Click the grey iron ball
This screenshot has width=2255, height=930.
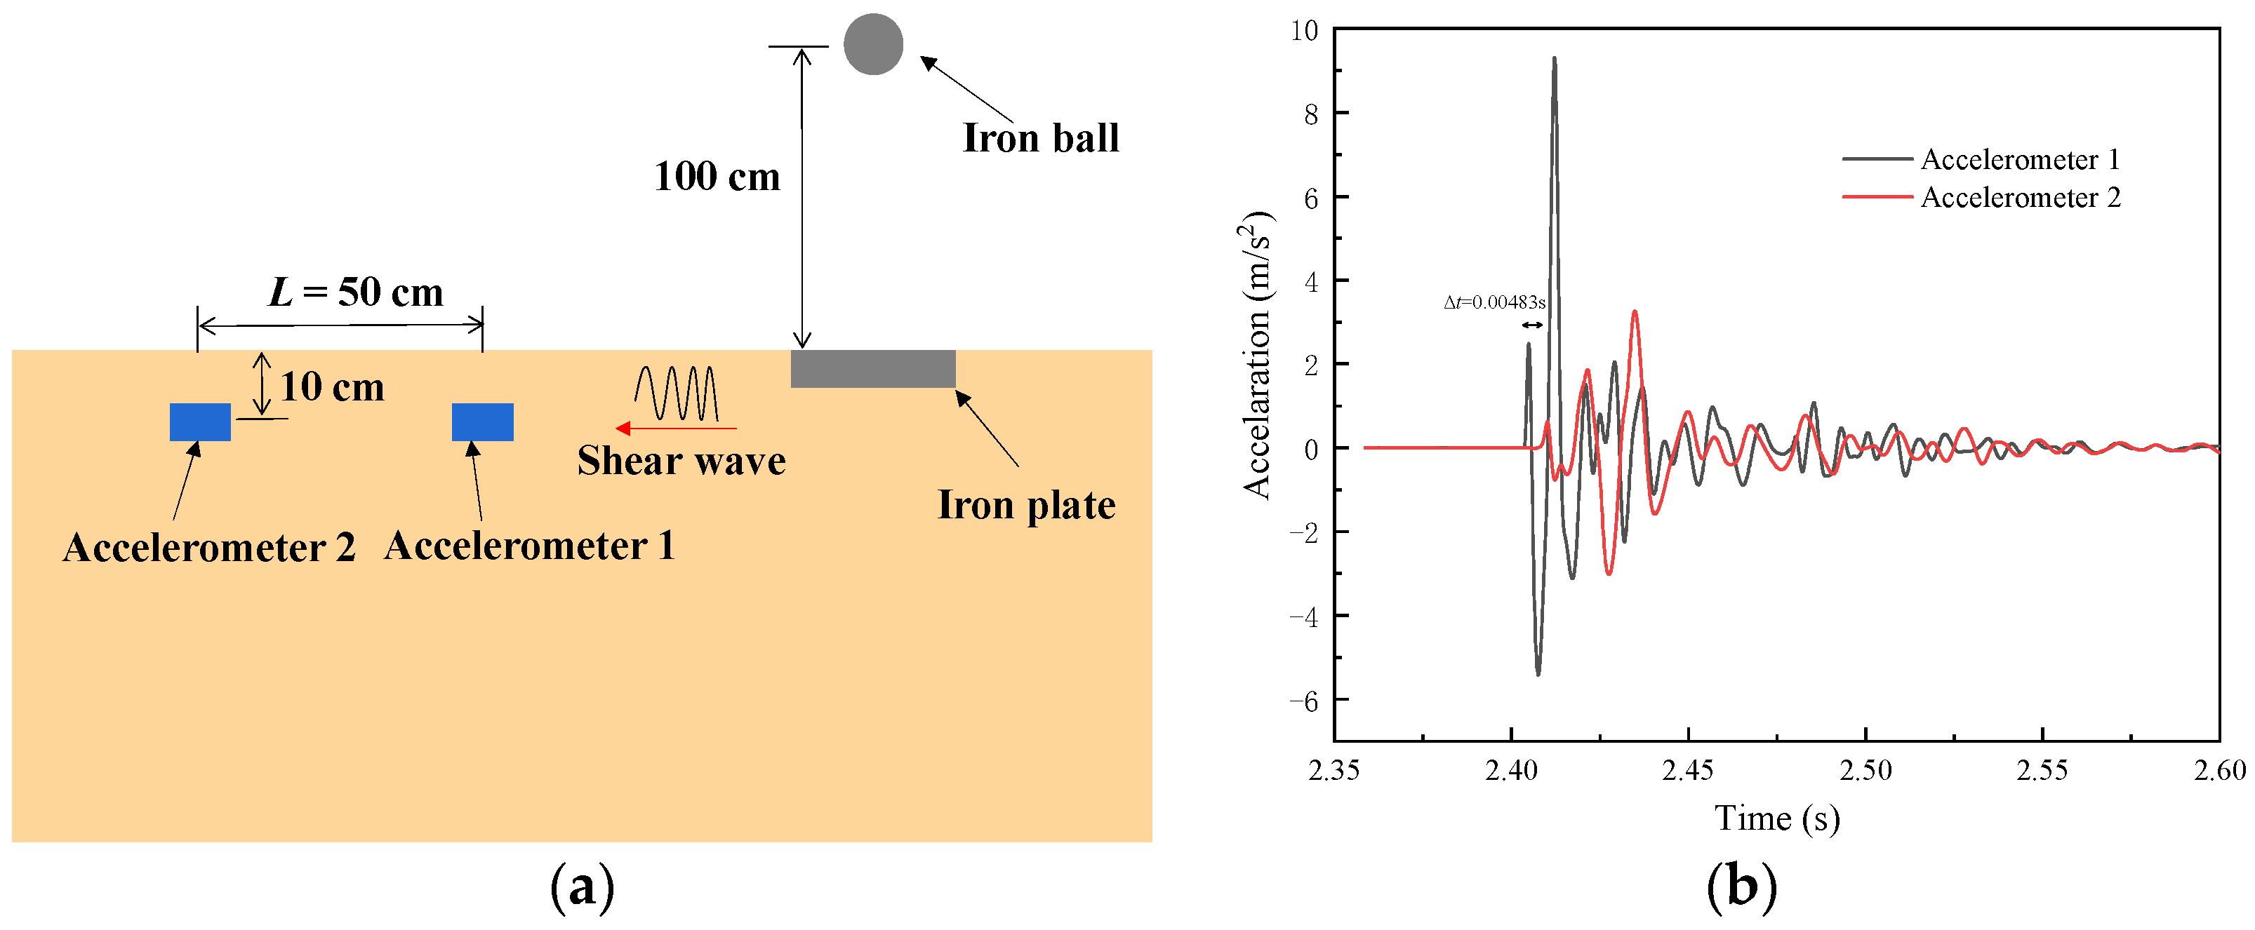click(x=873, y=45)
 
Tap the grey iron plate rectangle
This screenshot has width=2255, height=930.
click(x=873, y=368)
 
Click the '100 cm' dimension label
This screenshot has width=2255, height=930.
click(x=717, y=177)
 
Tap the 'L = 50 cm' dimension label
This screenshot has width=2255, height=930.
click(x=355, y=292)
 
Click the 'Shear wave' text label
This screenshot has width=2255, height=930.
click(x=681, y=461)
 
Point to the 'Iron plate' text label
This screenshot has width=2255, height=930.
click(x=1026, y=506)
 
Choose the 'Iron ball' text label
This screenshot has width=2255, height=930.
click(x=1041, y=138)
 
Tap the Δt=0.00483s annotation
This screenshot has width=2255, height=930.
click(x=1494, y=303)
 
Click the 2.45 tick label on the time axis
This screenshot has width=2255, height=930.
click(x=1688, y=770)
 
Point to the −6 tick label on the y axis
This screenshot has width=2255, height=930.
click(x=1303, y=701)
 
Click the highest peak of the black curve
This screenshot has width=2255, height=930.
click(x=1554, y=59)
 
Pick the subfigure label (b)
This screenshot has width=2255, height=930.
click(x=1741, y=887)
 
